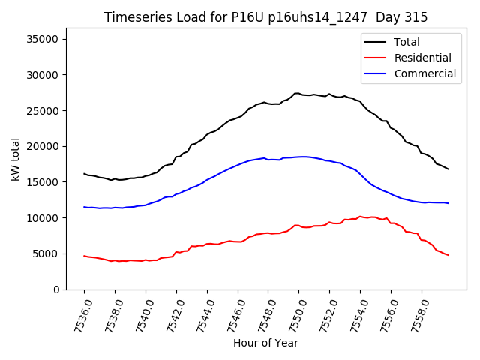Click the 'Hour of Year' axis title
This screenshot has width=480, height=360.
[265, 343]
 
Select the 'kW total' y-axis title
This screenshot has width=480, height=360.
[15, 163]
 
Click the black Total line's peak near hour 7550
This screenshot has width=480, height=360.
[297, 93]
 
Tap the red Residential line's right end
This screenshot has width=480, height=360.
[448, 255]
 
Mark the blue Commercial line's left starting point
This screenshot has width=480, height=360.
[84, 207]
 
